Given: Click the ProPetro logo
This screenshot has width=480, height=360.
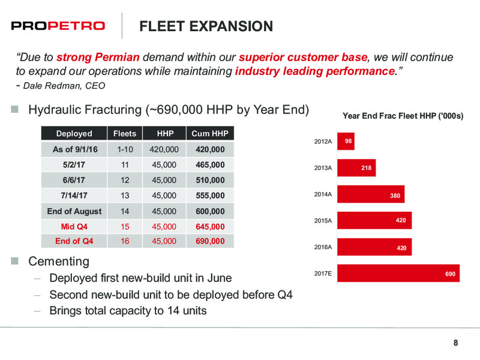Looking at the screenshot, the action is click(58, 26).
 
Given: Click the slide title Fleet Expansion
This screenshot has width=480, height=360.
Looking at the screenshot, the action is click(206, 26).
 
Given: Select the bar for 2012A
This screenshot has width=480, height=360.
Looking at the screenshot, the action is click(346, 141).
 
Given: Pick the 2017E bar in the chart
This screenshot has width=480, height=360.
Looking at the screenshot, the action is click(398, 274).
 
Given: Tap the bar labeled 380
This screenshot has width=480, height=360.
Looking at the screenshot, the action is click(371, 194).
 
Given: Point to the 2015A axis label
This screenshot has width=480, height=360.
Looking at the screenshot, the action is click(323, 221).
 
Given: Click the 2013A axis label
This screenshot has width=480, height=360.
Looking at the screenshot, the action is click(323, 168).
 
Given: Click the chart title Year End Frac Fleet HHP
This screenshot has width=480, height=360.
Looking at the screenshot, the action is click(403, 116).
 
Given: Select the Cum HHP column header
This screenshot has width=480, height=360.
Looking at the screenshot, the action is click(210, 133).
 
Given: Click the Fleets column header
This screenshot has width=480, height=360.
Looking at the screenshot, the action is click(125, 133).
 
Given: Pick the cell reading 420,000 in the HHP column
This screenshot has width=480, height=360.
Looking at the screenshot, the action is click(164, 149).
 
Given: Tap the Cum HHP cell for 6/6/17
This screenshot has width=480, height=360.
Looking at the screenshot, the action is click(211, 180).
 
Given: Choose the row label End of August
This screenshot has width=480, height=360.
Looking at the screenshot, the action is click(74, 211).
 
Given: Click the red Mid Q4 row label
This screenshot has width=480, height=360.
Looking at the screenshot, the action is click(74, 227).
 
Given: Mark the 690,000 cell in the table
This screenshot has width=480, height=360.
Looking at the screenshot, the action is click(211, 241).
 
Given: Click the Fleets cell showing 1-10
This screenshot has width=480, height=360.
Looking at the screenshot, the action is click(125, 149).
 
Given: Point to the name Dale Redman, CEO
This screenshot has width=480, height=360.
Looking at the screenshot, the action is click(64, 86).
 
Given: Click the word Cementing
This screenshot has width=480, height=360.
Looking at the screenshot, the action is click(59, 262).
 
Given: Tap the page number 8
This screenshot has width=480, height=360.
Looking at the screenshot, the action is click(456, 343).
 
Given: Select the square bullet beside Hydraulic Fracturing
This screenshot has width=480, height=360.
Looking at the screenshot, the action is click(14, 109).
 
